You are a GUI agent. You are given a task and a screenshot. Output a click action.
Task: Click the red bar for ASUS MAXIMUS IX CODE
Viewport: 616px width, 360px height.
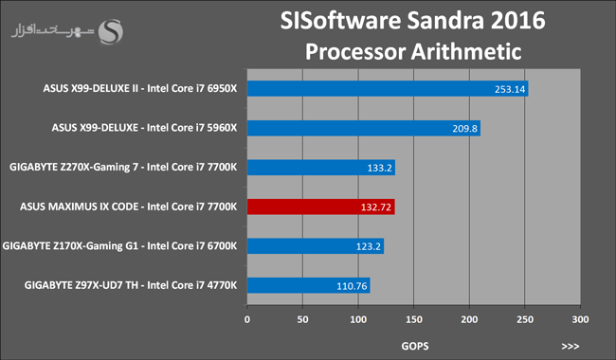click(x=321, y=207)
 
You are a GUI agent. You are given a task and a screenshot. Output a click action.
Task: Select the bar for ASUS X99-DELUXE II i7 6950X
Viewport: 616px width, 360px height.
click(x=388, y=89)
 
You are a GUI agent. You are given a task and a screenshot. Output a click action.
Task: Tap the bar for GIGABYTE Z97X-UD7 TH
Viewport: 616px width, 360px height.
click(x=308, y=285)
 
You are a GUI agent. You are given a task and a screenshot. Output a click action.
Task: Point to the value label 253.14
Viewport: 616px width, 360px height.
click(x=510, y=89)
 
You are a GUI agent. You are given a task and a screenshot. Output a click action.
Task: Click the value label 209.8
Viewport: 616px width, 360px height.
click(x=464, y=129)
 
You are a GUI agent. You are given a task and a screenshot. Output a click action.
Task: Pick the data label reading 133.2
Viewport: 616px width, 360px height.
click(x=379, y=168)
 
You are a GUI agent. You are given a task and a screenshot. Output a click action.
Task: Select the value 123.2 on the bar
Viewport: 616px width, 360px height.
click(x=368, y=246)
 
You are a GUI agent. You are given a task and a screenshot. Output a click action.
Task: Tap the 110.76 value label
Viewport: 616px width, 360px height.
click(x=352, y=286)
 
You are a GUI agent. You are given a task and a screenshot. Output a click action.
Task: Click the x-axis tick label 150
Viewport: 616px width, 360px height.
click(x=414, y=319)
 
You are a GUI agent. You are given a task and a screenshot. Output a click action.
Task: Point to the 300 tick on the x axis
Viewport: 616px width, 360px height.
click(x=580, y=319)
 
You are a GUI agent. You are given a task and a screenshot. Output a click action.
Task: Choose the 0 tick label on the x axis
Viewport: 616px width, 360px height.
click(x=247, y=319)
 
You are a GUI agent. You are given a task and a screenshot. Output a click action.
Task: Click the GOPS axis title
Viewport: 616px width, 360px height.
click(x=415, y=346)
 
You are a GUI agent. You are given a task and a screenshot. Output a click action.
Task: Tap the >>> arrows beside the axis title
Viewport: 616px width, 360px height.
click(x=570, y=346)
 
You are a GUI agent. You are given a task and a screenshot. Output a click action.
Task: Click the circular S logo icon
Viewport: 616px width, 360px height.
click(x=110, y=31)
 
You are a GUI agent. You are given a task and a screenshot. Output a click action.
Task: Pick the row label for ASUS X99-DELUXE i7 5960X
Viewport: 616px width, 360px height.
click(x=144, y=128)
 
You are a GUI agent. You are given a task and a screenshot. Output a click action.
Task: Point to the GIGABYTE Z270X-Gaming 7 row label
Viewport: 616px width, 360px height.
click(x=123, y=168)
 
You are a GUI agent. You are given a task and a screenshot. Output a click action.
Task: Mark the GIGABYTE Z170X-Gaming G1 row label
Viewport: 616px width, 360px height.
click(x=119, y=245)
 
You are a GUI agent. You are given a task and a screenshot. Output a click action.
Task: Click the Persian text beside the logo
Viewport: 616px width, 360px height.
click(x=53, y=31)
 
